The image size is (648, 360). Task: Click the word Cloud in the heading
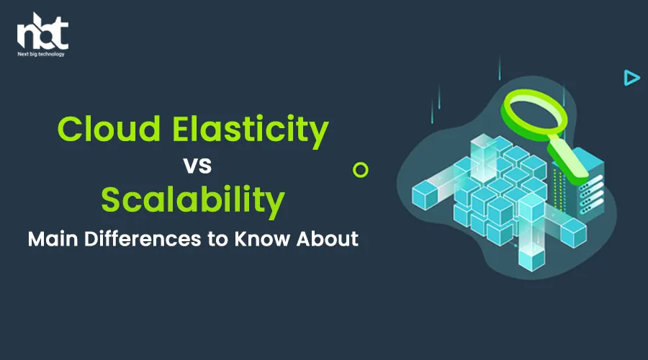coord(109,129)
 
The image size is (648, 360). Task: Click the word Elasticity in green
coord(251,132)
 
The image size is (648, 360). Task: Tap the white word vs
coord(197,166)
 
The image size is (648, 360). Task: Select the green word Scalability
coord(193,202)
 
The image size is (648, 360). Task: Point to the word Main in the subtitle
coord(53,239)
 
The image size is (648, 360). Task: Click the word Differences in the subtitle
coord(143,239)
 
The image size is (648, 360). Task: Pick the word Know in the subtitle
coord(262,239)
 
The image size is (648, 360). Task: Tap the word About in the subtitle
coord(328,239)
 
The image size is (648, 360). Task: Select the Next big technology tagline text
coord(41,54)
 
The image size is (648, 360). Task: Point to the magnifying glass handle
coord(568,161)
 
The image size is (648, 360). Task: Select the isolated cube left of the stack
coord(426,195)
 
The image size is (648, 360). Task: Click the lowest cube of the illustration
coord(532,258)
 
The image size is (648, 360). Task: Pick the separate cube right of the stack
coord(573,233)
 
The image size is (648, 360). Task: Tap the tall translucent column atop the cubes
coord(485,157)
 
